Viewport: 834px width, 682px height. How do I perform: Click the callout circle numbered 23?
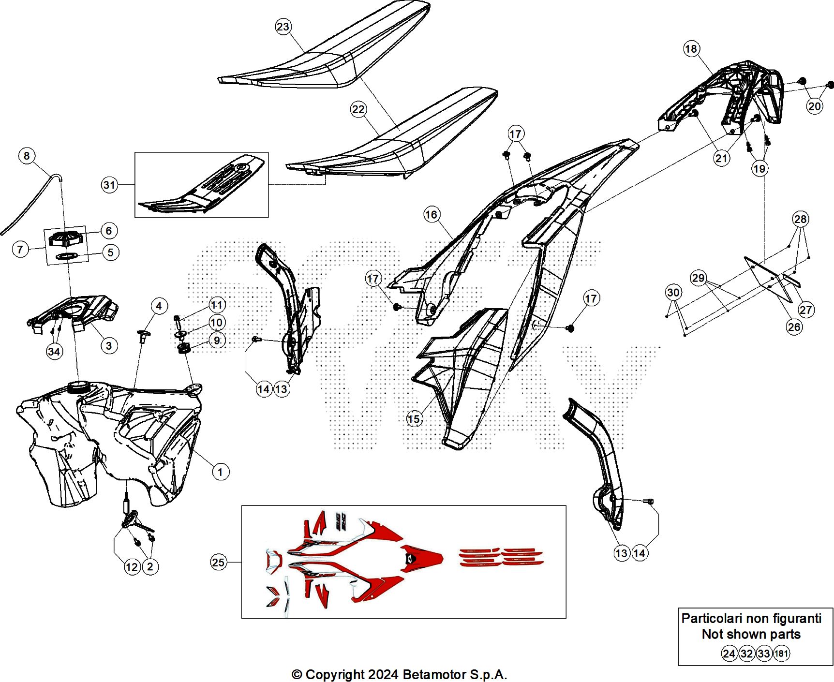[x=283, y=27]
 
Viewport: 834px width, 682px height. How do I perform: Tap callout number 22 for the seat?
[x=358, y=109]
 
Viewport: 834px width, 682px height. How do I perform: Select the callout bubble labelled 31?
[x=110, y=185]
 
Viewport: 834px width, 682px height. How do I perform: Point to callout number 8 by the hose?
[x=27, y=156]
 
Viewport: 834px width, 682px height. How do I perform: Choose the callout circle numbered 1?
[x=221, y=472]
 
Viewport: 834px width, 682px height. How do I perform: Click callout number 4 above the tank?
[x=159, y=306]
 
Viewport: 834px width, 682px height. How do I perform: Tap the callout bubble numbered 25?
[x=218, y=562]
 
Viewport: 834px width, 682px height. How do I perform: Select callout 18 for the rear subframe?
[x=691, y=49]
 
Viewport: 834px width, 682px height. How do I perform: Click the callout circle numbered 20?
[x=815, y=106]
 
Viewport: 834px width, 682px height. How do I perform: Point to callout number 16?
[x=431, y=214]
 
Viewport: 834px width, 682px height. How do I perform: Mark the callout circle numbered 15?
[x=414, y=419]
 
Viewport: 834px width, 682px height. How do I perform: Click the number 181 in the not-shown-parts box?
[x=781, y=654]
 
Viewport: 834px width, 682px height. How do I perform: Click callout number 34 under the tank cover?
[x=54, y=352]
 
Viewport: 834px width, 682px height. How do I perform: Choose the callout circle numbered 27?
[x=805, y=310]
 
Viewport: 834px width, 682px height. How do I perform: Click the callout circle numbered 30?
[x=673, y=292]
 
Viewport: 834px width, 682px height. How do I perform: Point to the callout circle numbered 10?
[x=217, y=322]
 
